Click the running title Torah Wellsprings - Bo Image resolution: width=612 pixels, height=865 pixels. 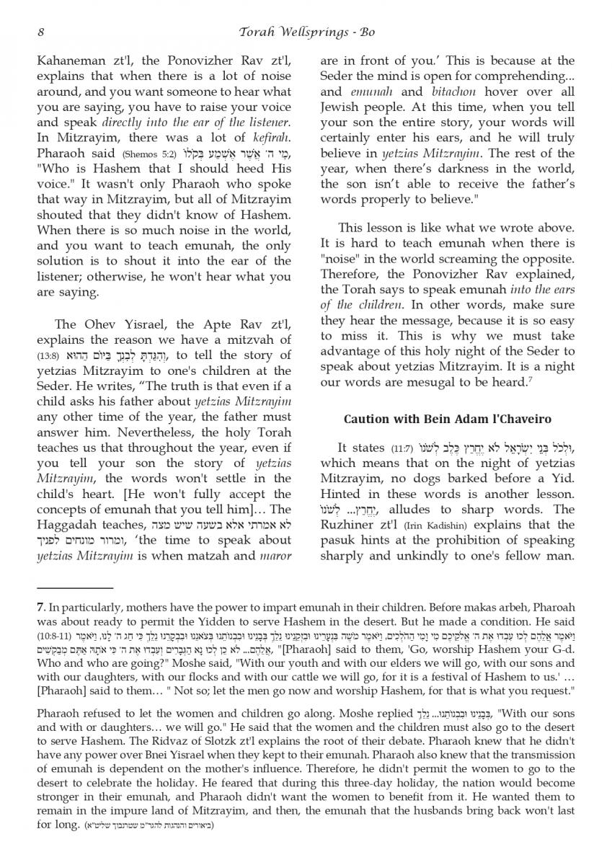click(306, 32)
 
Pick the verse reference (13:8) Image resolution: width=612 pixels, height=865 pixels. click(47, 355)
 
